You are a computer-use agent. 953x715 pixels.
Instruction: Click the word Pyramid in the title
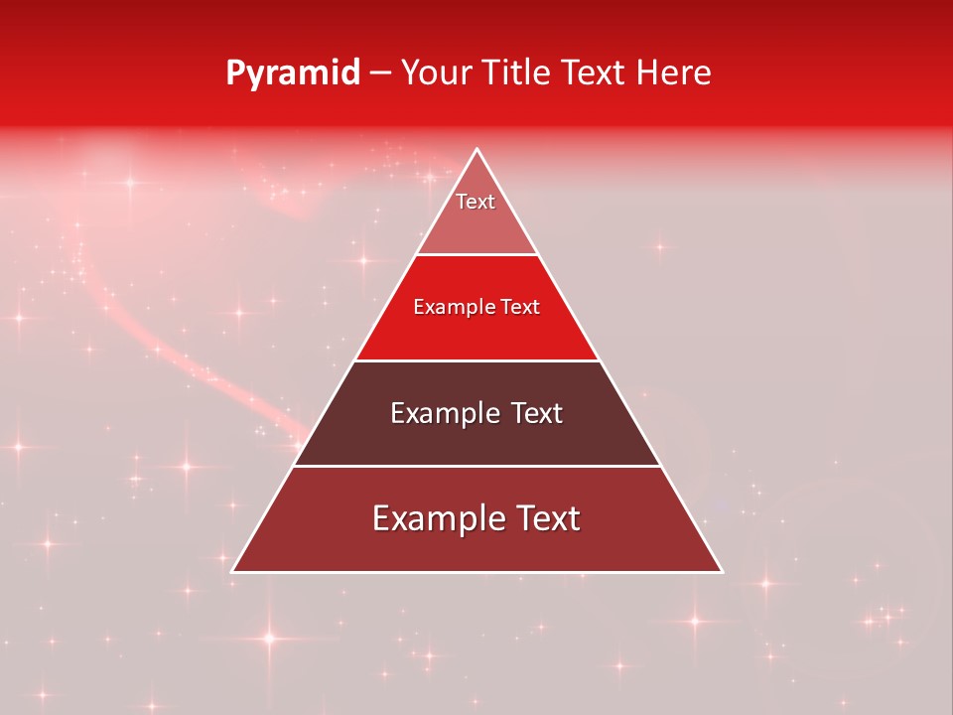292,73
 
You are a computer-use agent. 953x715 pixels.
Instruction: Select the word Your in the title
433,72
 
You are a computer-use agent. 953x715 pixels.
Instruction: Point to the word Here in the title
674,72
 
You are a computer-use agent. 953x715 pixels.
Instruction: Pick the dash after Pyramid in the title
380,73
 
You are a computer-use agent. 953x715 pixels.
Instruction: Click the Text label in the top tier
476,202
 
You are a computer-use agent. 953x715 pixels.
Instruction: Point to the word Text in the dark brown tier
536,413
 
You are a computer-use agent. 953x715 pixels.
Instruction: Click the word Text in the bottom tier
547,518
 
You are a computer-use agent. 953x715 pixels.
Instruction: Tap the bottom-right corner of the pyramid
722,571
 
